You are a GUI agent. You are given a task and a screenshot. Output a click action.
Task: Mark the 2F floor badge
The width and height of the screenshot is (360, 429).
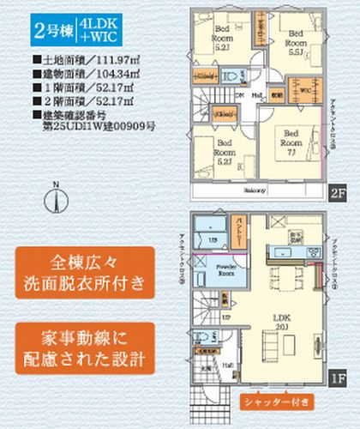pos(335,195)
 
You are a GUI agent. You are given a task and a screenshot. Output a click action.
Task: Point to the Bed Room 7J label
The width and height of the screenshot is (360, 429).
pos(291,141)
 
